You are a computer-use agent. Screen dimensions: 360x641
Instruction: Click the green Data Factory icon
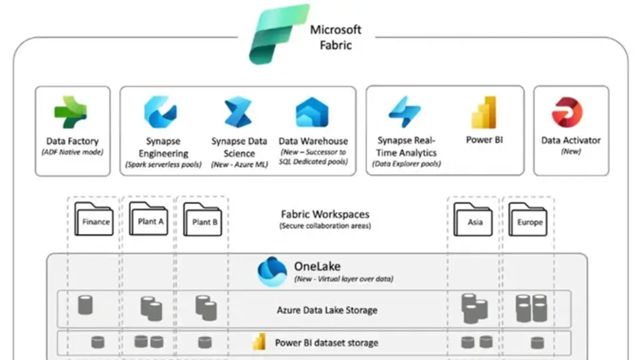coord(71,112)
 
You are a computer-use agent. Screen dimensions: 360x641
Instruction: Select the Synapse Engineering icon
coord(161,112)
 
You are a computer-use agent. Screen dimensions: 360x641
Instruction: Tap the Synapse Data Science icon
coord(238,112)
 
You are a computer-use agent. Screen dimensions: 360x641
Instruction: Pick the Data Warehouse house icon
coord(312,112)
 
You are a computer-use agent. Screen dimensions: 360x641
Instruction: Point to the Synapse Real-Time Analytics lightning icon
coord(405,112)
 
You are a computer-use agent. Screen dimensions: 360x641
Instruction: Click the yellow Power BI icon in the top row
coord(484,112)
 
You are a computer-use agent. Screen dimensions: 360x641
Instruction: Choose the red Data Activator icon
coord(567,112)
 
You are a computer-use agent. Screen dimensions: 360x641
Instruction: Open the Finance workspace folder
coord(94,219)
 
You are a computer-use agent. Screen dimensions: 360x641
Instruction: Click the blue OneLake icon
coord(272,272)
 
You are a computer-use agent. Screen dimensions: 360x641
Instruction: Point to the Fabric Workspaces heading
coord(325,214)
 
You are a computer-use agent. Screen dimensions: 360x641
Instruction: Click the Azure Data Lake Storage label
coord(327,310)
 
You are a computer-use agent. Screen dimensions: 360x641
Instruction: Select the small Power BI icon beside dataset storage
coord(259,342)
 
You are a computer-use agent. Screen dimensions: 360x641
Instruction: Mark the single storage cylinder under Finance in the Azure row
coord(85,305)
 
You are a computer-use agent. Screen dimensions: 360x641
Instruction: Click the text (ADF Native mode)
coord(72,152)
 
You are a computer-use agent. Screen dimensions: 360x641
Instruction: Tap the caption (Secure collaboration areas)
coord(325,226)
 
